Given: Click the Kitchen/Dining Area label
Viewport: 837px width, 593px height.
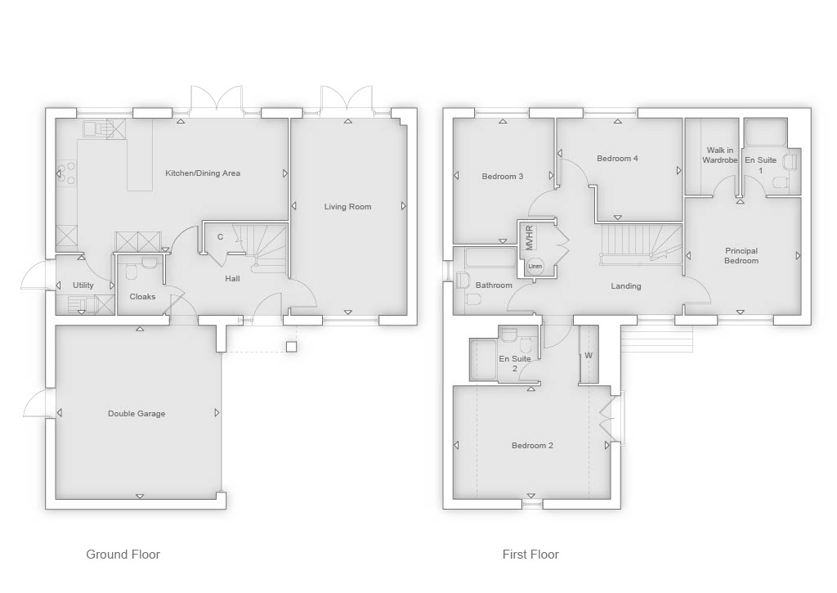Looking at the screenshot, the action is click(203, 173).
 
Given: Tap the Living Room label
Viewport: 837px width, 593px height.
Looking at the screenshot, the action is click(347, 207).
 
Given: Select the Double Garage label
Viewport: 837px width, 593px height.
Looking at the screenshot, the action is click(137, 414).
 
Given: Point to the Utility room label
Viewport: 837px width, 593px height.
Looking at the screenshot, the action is click(83, 285).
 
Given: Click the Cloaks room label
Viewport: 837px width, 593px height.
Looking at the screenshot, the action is click(142, 296).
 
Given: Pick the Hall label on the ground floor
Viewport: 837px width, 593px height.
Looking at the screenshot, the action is click(232, 278).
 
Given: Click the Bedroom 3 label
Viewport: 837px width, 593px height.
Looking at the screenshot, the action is click(503, 177).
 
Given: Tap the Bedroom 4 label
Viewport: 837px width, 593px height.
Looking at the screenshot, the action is click(617, 158).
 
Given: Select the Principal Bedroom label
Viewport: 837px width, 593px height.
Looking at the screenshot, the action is click(741, 255).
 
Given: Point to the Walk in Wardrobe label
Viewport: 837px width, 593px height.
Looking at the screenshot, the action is click(719, 155).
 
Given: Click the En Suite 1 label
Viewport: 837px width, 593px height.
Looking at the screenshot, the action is click(761, 164).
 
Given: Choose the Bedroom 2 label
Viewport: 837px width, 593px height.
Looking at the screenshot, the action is click(532, 446).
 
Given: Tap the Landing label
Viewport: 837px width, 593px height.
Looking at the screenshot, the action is click(625, 286).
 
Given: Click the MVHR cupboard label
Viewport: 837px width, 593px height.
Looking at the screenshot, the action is click(530, 238).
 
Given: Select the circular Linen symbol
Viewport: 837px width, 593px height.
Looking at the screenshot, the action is click(535, 266).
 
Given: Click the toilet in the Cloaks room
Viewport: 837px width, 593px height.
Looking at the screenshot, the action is click(132, 273).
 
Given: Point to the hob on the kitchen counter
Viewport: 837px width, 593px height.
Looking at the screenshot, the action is click(67, 172).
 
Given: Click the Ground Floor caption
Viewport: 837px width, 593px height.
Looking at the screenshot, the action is click(123, 555).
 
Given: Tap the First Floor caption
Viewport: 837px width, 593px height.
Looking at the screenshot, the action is click(530, 555).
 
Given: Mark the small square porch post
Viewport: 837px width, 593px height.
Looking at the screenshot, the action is click(291, 348).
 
